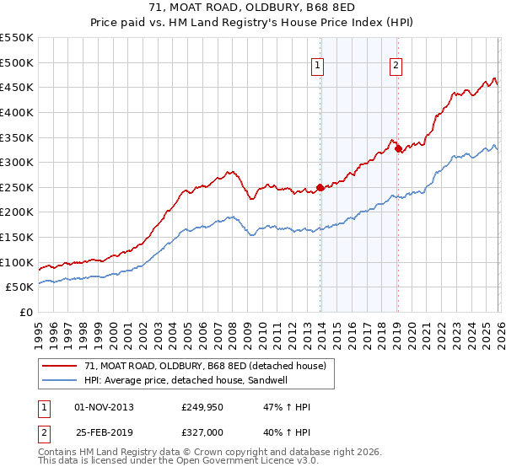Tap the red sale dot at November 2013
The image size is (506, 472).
pyautogui.click(x=320, y=187)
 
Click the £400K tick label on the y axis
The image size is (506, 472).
pyautogui.click(x=16, y=112)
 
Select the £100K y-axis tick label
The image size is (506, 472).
pyautogui.click(x=16, y=262)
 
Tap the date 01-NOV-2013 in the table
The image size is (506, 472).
pyautogui.click(x=104, y=407)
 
